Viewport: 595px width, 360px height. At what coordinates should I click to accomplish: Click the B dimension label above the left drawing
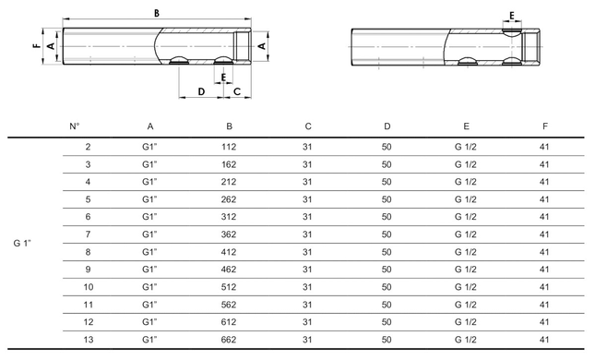[157, 13]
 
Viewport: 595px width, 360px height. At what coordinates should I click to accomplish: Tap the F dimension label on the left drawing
[37, 46]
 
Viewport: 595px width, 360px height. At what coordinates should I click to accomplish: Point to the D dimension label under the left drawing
[201, 91]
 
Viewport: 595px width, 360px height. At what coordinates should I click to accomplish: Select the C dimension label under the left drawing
[237, 91]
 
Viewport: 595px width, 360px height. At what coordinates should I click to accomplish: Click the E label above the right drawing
[512, 16]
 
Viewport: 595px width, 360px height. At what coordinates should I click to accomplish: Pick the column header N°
[75, 126]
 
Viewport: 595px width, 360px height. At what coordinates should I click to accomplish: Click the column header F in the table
[545, 126]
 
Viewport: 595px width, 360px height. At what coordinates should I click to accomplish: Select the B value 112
[229, 147]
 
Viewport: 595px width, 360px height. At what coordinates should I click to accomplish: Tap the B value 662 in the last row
[229, 340]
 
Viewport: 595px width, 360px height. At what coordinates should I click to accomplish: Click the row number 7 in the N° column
[88, 234]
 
